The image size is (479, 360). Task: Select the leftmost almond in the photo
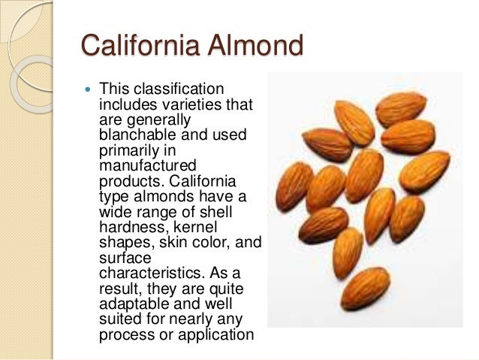[294, 185]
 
